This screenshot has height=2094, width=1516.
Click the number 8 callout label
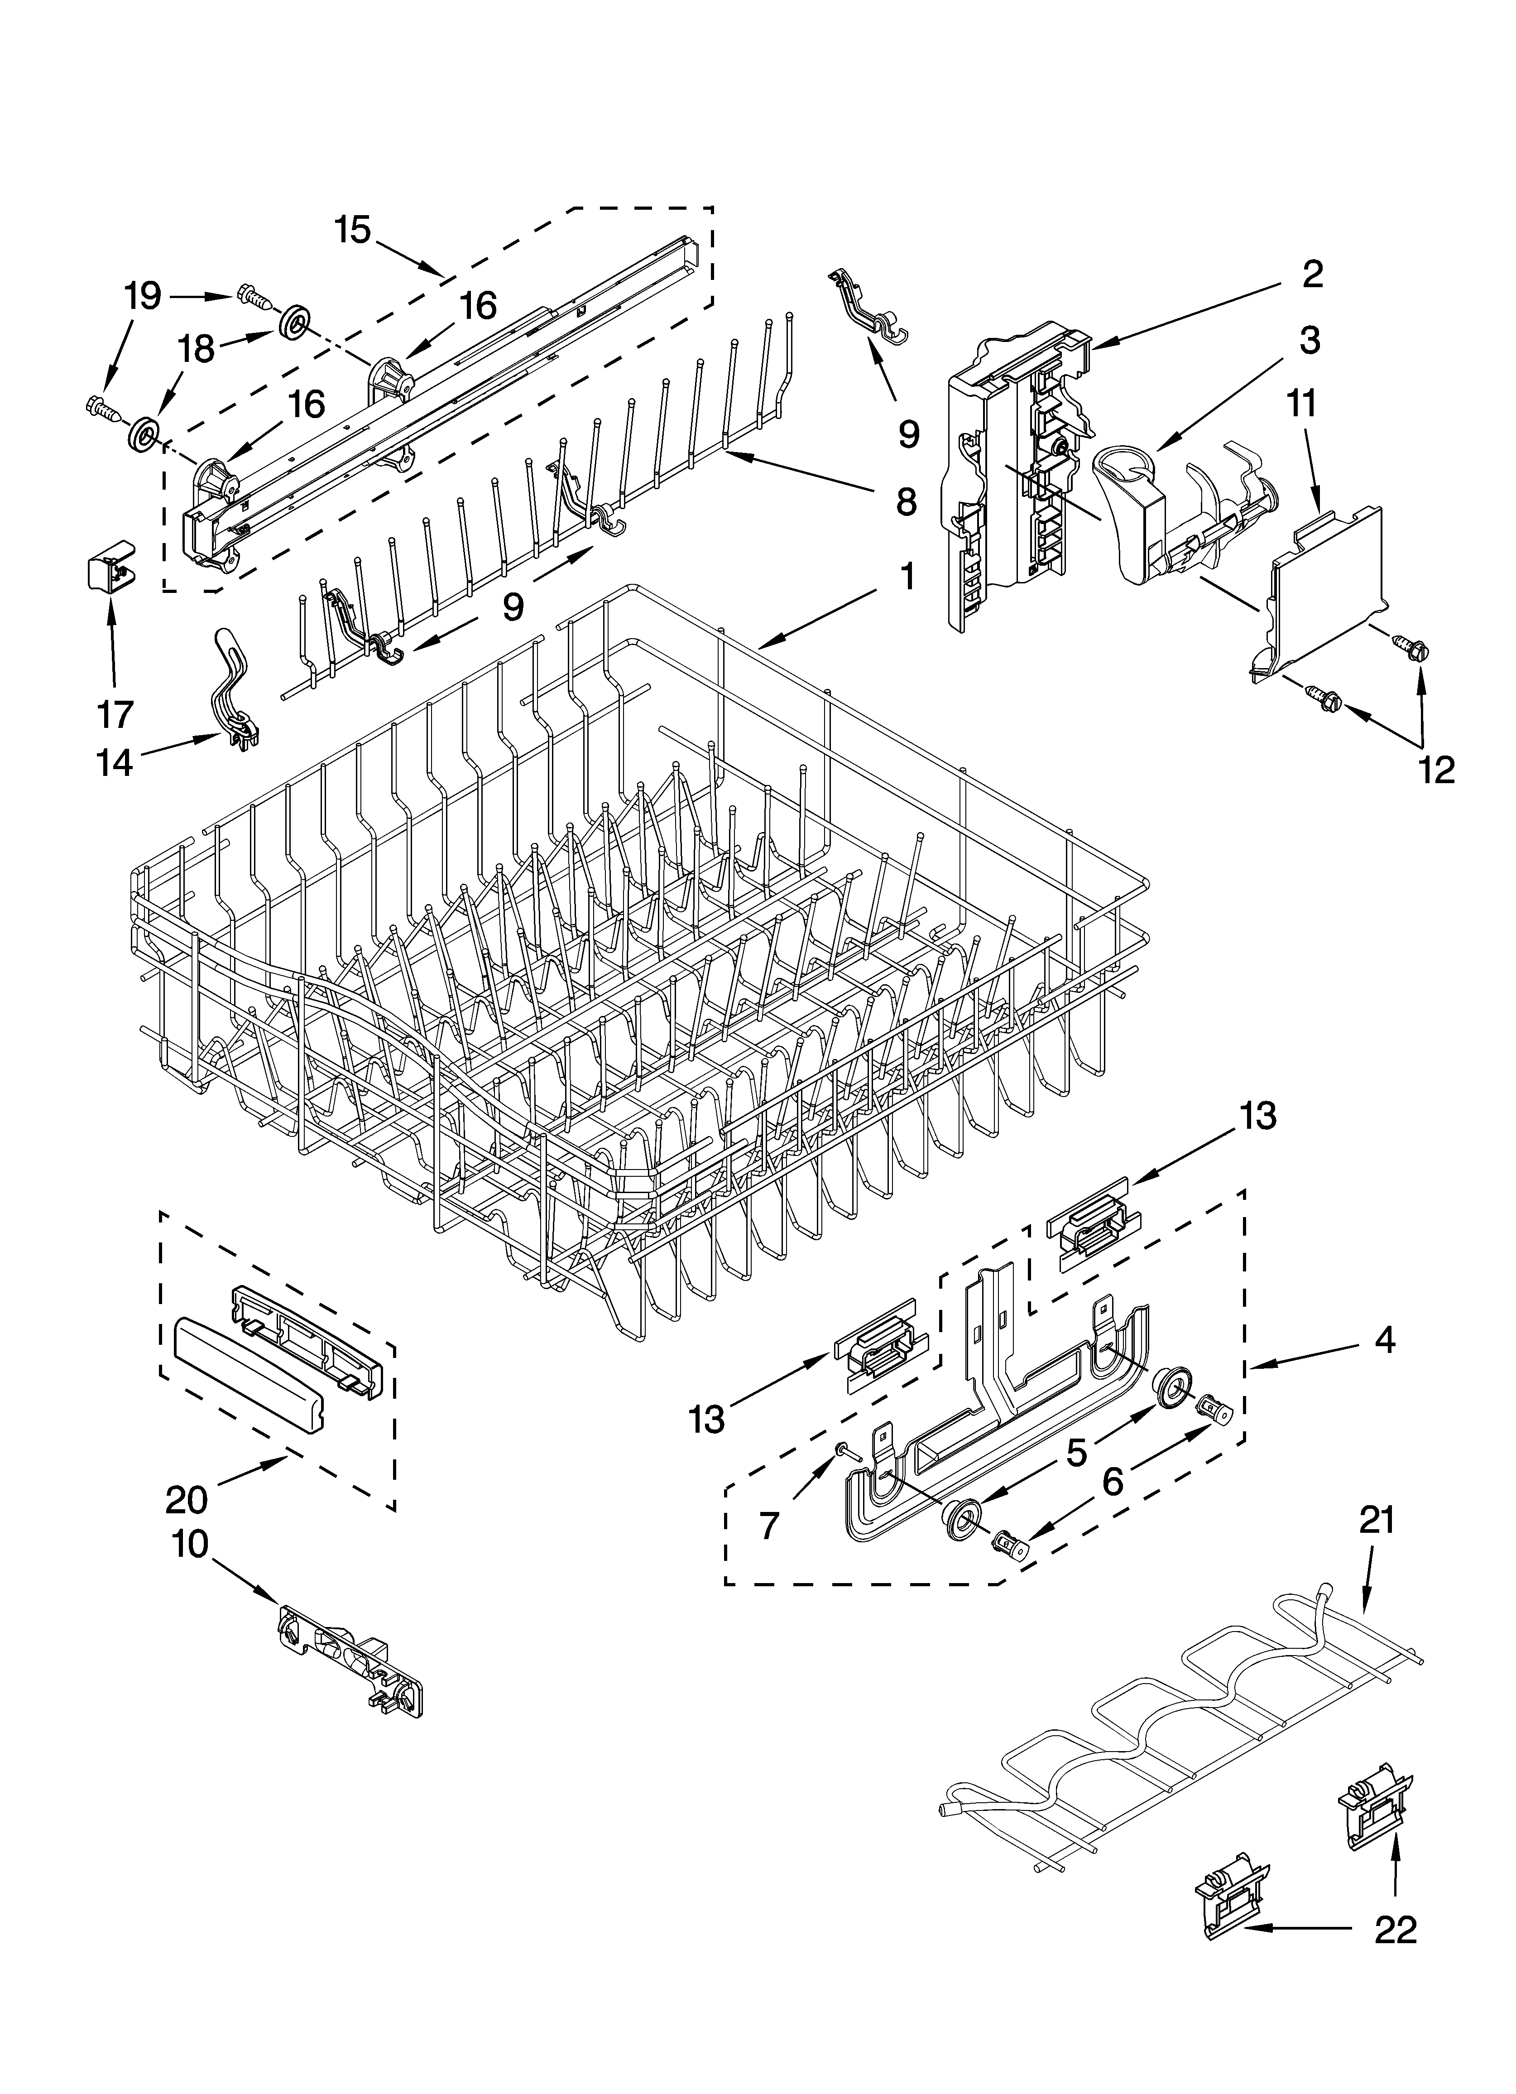(x=906, y=501)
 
